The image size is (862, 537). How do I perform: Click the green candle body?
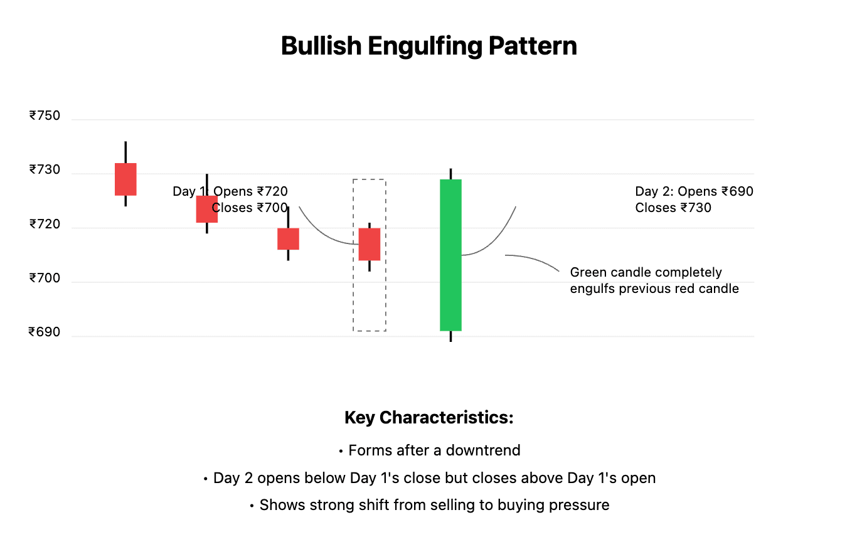tap(450, 255)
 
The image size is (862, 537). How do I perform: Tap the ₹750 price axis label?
tap(45, 115)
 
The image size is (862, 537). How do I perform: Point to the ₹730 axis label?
tap(45, 169)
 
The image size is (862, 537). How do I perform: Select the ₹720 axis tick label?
tap(45, 224)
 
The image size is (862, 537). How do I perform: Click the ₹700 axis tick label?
tap(45, 278)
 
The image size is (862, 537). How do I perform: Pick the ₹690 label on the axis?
tap(45, 332)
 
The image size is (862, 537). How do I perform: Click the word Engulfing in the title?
tap(425, 46)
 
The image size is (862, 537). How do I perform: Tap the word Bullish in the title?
tap(321, 46)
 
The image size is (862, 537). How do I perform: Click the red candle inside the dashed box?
tap(370, 244)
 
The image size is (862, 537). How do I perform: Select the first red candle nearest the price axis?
tap(125, 179)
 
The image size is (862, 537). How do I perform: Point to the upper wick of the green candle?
tap(450, 174)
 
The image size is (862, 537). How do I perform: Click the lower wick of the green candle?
tap(450, 336)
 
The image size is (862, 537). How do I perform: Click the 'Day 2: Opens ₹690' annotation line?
tap(694, 191)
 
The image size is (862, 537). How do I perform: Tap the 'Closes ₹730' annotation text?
tap(673, 208)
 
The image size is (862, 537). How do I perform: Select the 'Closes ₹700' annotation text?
tap(250, 208)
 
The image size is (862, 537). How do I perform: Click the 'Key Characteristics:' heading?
tap(429, 418)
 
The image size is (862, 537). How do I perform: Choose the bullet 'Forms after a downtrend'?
tap(430, 450)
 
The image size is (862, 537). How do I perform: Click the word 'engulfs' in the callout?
tap(592, 289)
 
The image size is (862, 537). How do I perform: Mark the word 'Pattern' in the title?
tap(533, 46)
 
